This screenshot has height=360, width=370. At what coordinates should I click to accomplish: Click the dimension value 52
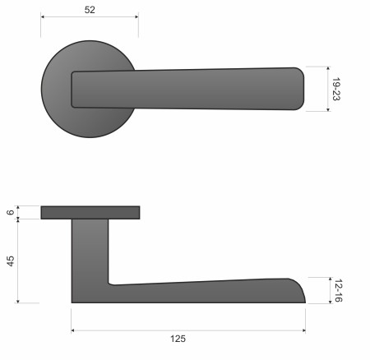[90, 10]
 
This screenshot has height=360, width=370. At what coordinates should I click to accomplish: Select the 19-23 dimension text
[338, 88]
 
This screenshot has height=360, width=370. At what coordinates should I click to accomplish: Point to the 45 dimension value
[10, 261]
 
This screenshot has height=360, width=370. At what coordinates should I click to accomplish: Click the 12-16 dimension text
[338, 290]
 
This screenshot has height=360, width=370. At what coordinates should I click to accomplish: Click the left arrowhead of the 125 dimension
[75, 330]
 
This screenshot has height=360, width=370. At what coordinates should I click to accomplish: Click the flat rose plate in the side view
[90, 213]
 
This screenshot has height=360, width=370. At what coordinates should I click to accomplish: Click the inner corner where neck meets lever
[111, 284]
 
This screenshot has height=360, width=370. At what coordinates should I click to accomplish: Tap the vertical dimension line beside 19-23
[326, 88]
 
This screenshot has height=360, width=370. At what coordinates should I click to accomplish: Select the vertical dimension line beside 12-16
[326, 290]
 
